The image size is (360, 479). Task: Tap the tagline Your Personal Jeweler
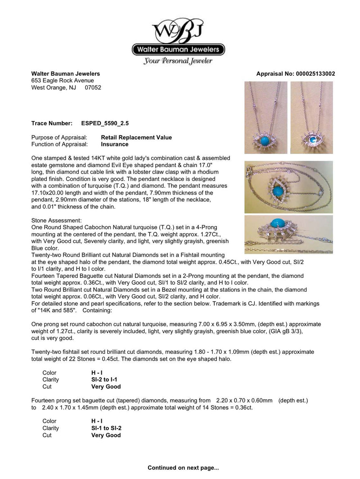click(178, 61)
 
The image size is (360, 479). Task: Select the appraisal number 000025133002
click(315, 74)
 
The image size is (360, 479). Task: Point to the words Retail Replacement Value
click(136, 137)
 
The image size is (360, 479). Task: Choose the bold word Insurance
click(115, 144)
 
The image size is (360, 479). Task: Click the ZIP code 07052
click(93, 87)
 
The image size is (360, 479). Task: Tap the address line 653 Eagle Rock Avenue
click(63, 81)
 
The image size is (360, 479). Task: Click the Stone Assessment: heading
click(57, 221)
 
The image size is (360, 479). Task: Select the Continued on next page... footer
click(183, 468)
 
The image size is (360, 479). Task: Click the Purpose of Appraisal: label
click(62, 137)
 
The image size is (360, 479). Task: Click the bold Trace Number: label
click(52, 123)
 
